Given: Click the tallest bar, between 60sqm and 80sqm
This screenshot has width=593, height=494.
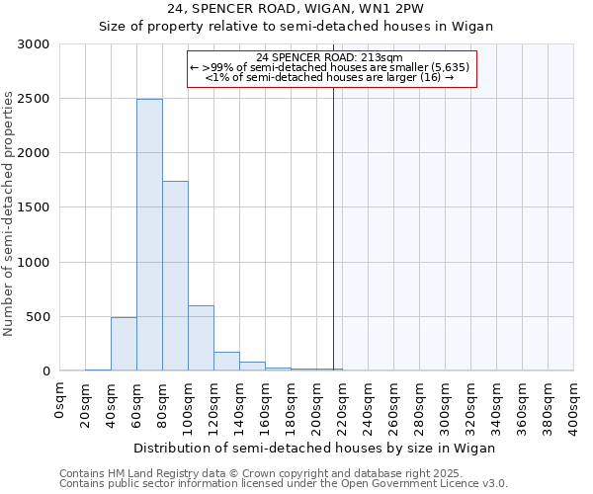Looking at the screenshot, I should (x=149, y=235).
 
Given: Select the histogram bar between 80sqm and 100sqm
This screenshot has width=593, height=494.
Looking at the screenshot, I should (x=175, y=277).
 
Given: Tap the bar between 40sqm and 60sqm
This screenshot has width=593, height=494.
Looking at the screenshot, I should (x=124, y=344).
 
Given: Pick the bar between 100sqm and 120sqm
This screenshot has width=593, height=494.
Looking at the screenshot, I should (x=201, y=338).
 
